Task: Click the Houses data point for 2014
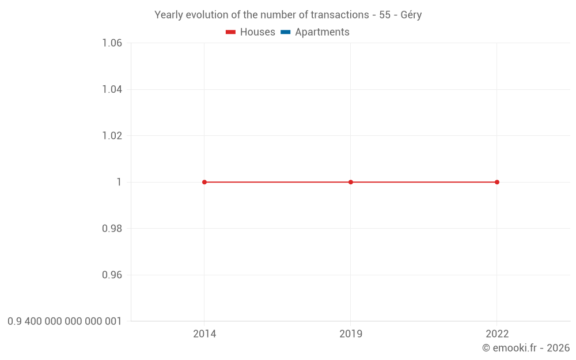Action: (204, 182)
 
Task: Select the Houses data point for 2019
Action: (351, 182)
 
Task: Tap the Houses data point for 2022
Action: (497, 182)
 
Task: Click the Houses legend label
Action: (257, 32)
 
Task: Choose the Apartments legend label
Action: (322, 32)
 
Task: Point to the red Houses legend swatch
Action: (231, 32)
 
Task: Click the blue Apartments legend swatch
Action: (286, 32)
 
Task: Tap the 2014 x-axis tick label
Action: (204, 334)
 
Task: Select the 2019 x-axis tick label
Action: (351, 334)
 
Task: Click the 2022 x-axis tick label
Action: (497, 334)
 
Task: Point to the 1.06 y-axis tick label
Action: (112, 43)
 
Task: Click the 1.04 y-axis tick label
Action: (112, 89)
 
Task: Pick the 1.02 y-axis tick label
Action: (112, 136)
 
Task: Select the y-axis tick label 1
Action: (119, 182)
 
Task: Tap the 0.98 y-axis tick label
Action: (112, 229)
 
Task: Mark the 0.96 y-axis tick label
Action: (112, 275)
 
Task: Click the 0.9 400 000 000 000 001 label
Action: (65, 321)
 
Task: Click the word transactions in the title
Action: (339, 15)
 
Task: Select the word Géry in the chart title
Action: (411, 15)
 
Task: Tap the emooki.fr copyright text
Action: (525, 348)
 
